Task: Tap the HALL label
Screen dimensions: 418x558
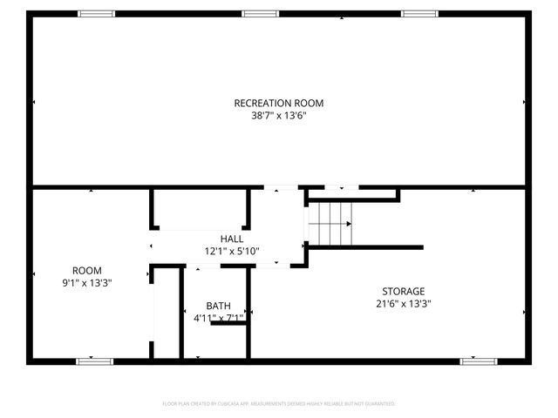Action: pyautogui.click(x=232, y=239)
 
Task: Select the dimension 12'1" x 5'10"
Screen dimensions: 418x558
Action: pyautogui.click(x=232, y=251)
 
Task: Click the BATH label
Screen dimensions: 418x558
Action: pyautogui.click(x=218, y=306)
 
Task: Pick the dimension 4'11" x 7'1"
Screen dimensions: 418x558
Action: pyautogui.click(x=218, y=318)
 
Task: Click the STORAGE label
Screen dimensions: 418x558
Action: pyautogui.click(x=403, y=291)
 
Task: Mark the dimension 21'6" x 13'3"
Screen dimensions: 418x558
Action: pyautogui.click(x=403, y=304)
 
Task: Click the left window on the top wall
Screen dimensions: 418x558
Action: pyautogui.click(x=96, y=14)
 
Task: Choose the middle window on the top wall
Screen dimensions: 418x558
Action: pyautogui.click(x=260, y=14)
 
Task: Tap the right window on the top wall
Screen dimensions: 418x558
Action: pyautogui.click(x=419, y=14)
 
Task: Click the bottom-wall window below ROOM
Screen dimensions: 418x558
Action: pyautogui.click(x=94, y=361)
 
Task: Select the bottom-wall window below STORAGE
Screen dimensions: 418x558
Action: pyautogui.click(x=478, y=361)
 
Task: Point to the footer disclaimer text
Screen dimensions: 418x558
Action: pyautogui.click(x=279, y=404)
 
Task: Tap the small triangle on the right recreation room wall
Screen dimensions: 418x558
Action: pyautogui.click(x=524, y=102)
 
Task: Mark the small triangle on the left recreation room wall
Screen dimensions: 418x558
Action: pyautogui.click(x=34, y=102)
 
